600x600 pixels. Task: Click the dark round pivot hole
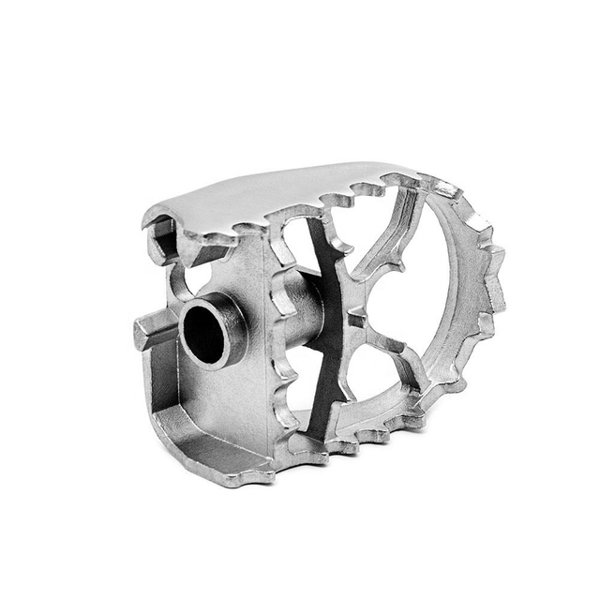[205, 334]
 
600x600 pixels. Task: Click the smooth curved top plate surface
[272, 191]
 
